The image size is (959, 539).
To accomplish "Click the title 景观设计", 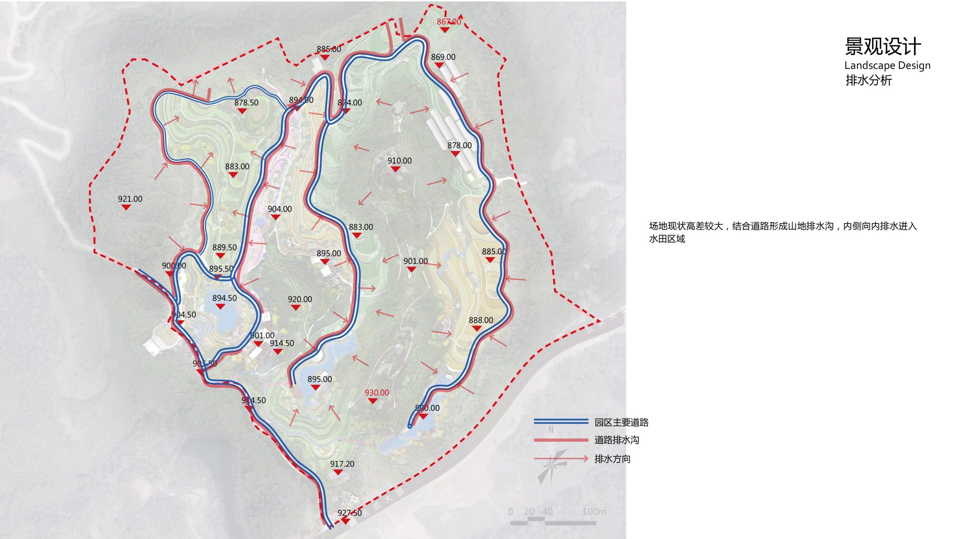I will click(883, 47).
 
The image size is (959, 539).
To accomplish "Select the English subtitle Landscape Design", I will click(887, 66).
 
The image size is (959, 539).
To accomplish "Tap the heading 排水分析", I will click(869, 80).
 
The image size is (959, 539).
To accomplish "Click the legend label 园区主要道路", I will click(621, 423).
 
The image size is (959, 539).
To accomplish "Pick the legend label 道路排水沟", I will click(617, 440).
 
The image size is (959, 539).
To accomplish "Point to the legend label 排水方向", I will click(612, 459).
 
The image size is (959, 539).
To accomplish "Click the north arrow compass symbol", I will click(552, 466).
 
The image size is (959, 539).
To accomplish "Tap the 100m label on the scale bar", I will click(594, 512).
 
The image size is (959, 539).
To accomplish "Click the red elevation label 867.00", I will click(449, 22).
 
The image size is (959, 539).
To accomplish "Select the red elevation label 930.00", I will click(377, 393).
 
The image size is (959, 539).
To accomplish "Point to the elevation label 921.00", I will click(130, 199).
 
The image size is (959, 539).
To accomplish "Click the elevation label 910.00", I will click(399, 161).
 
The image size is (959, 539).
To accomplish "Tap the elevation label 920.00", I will click(300, 299).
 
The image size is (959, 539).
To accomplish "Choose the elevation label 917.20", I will click(342, 464).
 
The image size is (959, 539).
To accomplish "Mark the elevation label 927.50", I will click(350, 513).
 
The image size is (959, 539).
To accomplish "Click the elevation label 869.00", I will click(443, 57).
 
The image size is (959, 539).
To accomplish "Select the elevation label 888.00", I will click(481, 320).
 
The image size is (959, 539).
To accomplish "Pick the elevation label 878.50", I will click(246, 103).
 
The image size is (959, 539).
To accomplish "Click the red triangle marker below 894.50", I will click(221, 307).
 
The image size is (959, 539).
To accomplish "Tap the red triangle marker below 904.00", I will click(276, 217).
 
